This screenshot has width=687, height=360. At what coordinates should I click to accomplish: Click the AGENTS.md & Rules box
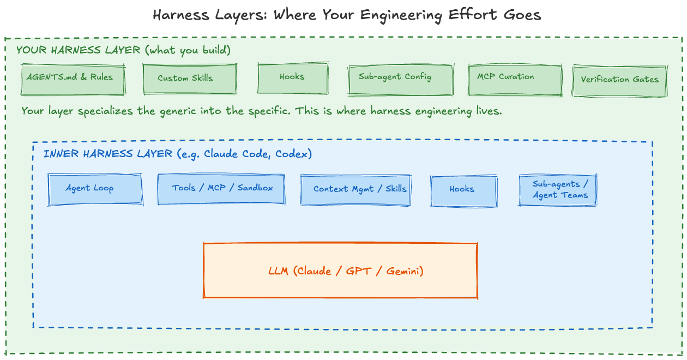coord(73,80)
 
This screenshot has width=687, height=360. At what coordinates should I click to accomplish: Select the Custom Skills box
coord(190,79)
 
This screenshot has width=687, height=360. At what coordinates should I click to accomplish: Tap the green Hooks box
coord(293,78)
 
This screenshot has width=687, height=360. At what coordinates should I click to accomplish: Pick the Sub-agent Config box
coord(401,80)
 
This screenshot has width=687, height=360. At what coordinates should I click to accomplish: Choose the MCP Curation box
coord(515,80)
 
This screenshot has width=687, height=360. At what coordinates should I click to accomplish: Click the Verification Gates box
coord(619,81)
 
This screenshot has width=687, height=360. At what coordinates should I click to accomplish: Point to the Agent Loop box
coord(95,189)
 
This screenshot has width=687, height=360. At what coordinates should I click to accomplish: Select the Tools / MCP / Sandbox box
coord(221,189)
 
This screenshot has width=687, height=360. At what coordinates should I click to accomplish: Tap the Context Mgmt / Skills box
coord(355,190)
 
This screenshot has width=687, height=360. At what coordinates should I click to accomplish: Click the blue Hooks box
coord(463,191)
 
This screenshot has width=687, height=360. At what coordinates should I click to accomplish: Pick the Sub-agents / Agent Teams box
coord(558,190)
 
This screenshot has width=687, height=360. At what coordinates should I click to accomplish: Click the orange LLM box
coord(340,271)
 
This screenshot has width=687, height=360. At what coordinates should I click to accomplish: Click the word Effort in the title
coord(472,15)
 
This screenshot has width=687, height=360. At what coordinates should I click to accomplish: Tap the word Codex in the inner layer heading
coord(293,154)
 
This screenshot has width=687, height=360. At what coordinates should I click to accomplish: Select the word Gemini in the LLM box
coord(405,271)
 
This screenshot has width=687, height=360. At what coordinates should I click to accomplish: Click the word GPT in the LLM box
coord(359,271)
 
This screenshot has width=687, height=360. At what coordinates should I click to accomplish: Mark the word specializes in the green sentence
coord(105,111)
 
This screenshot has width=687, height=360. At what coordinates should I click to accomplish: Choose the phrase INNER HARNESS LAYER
coord(107,153)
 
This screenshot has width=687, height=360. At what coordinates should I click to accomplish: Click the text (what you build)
coord(188,50)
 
